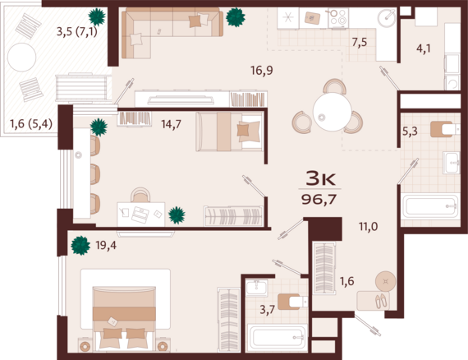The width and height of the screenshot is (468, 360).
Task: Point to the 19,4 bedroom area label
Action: point(106,244)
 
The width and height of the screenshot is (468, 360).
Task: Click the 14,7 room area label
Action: point(172,125)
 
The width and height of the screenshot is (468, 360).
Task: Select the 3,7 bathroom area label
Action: point(268,309)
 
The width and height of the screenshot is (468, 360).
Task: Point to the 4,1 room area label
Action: point(423,48)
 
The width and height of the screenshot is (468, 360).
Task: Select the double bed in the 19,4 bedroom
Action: point(123,312)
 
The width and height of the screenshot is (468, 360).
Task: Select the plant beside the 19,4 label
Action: point(80,244)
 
